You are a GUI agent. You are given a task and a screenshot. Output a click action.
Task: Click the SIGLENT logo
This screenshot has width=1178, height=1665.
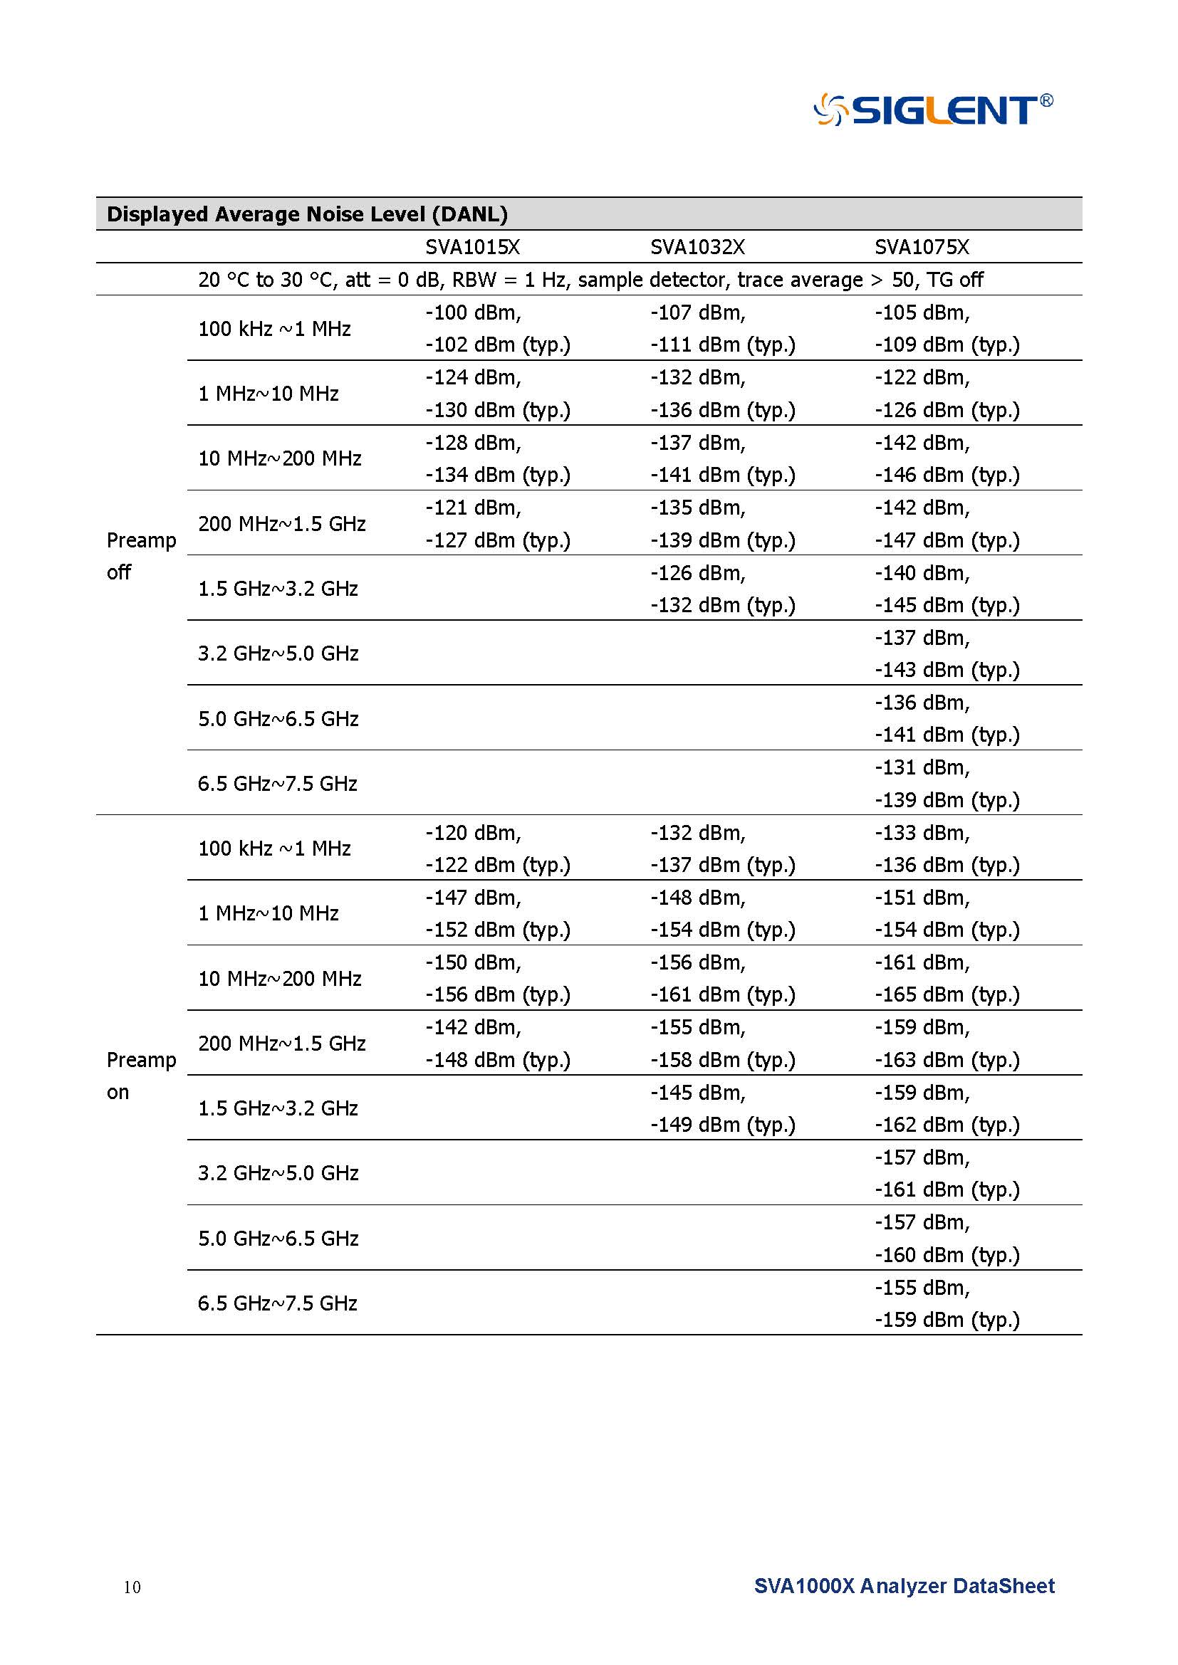933,110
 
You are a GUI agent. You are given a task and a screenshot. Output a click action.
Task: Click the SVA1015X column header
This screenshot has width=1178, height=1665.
472,247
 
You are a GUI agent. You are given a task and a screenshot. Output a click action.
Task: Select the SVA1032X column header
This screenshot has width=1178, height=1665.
697,247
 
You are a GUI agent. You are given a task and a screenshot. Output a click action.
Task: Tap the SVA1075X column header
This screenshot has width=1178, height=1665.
921,247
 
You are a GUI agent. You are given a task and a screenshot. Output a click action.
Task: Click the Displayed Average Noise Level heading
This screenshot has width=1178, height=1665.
307,215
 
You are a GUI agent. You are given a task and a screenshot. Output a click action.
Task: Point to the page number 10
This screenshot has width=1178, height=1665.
132,1587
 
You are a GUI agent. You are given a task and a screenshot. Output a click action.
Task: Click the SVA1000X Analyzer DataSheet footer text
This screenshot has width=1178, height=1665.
904,1586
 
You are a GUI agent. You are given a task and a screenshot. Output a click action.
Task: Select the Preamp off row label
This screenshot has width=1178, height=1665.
141,556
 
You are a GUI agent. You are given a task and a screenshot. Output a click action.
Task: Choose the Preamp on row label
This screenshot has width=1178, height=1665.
141,1076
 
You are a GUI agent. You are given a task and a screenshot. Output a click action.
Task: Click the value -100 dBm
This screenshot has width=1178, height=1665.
473,312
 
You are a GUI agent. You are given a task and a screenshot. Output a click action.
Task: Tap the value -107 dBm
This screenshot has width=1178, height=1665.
698,312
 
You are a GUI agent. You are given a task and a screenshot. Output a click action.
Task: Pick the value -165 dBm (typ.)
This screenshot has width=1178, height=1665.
947,994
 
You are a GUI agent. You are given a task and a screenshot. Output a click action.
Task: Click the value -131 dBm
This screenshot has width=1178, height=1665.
922,767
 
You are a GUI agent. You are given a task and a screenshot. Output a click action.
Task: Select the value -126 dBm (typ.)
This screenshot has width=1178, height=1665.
947,410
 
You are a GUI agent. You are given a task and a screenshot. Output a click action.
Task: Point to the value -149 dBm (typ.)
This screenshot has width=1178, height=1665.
722,1124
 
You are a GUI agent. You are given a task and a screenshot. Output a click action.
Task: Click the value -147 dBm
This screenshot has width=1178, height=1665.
473,898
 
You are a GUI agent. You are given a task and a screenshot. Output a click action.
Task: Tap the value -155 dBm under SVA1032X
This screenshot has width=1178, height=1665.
698,1028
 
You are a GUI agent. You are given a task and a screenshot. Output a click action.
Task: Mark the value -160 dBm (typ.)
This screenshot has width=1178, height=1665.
947,1254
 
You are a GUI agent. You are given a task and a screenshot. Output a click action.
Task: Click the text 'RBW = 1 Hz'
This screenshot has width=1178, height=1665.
508,280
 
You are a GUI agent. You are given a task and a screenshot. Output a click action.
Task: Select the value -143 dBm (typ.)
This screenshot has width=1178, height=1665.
947,669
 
